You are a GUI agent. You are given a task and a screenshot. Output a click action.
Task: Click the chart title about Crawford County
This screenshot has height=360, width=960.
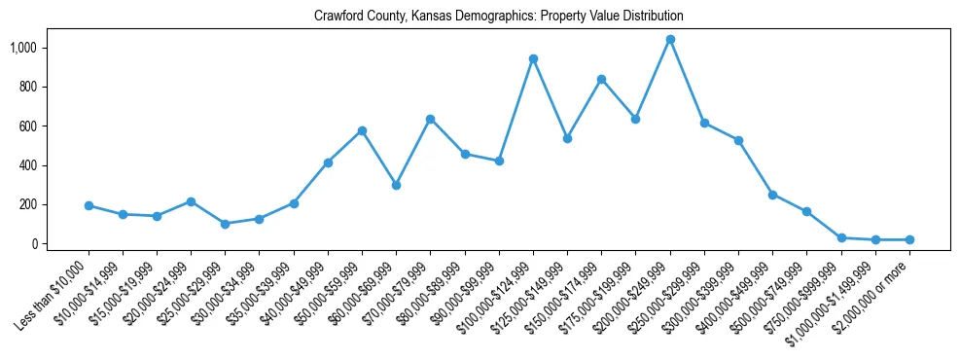[x=498, y=17]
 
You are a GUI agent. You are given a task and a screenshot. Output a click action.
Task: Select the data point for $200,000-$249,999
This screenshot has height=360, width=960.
[x=670, y=40]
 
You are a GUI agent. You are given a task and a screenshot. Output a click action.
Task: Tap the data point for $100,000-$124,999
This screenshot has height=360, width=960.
[x=533, y=59]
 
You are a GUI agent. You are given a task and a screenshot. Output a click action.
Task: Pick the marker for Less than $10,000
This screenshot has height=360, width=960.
[x=89, y=206]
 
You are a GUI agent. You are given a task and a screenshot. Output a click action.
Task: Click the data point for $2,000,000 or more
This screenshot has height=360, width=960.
[x=909, y=239]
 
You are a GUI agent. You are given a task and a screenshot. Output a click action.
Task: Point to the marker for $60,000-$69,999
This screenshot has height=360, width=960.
[x=396, y=185]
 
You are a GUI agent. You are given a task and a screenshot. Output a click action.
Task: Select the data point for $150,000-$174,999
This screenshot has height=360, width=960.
[x=602, y=80]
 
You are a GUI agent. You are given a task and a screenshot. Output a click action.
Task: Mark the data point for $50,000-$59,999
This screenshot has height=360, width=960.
[x=362, y=130]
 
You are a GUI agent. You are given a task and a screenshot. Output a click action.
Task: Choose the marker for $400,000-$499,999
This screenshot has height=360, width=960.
[x=772, y=195]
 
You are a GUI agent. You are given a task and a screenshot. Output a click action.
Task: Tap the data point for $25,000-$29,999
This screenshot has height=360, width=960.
[x=226, y=224]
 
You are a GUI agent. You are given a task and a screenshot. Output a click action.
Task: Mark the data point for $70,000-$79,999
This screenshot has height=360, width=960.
[x=431, y=119]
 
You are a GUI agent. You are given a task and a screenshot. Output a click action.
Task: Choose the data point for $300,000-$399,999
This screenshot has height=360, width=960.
[x=738, y=141]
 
